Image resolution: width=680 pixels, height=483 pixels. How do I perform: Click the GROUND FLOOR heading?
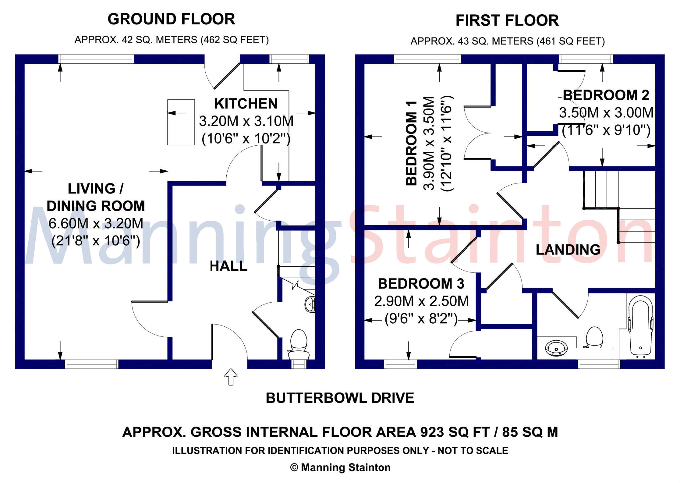click(x=171, y=19)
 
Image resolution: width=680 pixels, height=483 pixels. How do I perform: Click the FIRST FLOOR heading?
click(x=507, y=21)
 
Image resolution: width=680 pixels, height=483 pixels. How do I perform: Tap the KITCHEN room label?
click(x=246, y=104)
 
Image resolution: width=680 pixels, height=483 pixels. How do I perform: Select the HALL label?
click(x=228, y=266)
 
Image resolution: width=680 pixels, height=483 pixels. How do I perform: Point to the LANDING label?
click(x=568, y=250)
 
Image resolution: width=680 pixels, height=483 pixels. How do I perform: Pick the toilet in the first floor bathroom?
click(x=594, y=337)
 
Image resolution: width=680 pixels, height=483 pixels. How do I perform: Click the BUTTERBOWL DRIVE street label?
click(x=340, y=398)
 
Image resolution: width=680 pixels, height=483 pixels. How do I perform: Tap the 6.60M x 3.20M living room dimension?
click(x=96, y=223)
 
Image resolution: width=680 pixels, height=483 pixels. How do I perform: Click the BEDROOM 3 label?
click(x=421, y=284)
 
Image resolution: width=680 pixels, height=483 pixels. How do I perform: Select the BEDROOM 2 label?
click(x=606, y=95)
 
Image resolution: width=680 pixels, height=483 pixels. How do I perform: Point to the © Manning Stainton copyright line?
click(x=340, y=467)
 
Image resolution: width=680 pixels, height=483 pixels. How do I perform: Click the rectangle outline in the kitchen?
click(x=181, y=122)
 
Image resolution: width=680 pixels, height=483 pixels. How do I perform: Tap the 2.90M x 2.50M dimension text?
click(x=421, y=301)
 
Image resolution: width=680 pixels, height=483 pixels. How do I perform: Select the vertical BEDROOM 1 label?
click(x=411, y=143)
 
